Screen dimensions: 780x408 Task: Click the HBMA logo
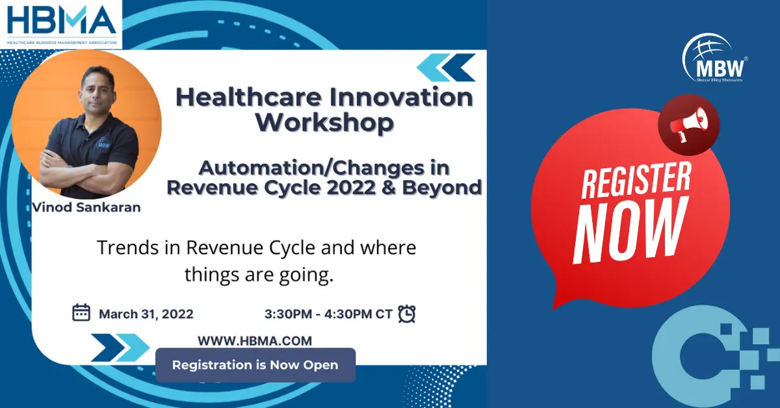61,25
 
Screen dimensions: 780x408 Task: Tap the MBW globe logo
714,58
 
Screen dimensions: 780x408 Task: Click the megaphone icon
688,125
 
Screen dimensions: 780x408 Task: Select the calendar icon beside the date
81,312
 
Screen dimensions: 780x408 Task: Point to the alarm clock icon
407,314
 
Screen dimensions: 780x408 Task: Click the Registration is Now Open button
255,365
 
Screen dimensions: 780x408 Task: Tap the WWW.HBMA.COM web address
255,341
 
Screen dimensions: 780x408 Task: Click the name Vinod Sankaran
86,207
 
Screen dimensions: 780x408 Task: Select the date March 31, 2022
146,314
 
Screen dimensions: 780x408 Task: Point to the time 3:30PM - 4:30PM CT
328,314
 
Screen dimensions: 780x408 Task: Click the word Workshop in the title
324,123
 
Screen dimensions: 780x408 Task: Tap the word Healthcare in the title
248,97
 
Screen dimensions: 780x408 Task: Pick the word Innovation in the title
401,97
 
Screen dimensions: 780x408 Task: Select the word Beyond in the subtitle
441,188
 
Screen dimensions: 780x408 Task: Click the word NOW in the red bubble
630,230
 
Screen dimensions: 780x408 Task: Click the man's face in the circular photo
98,87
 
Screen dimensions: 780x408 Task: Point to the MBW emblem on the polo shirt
103,144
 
